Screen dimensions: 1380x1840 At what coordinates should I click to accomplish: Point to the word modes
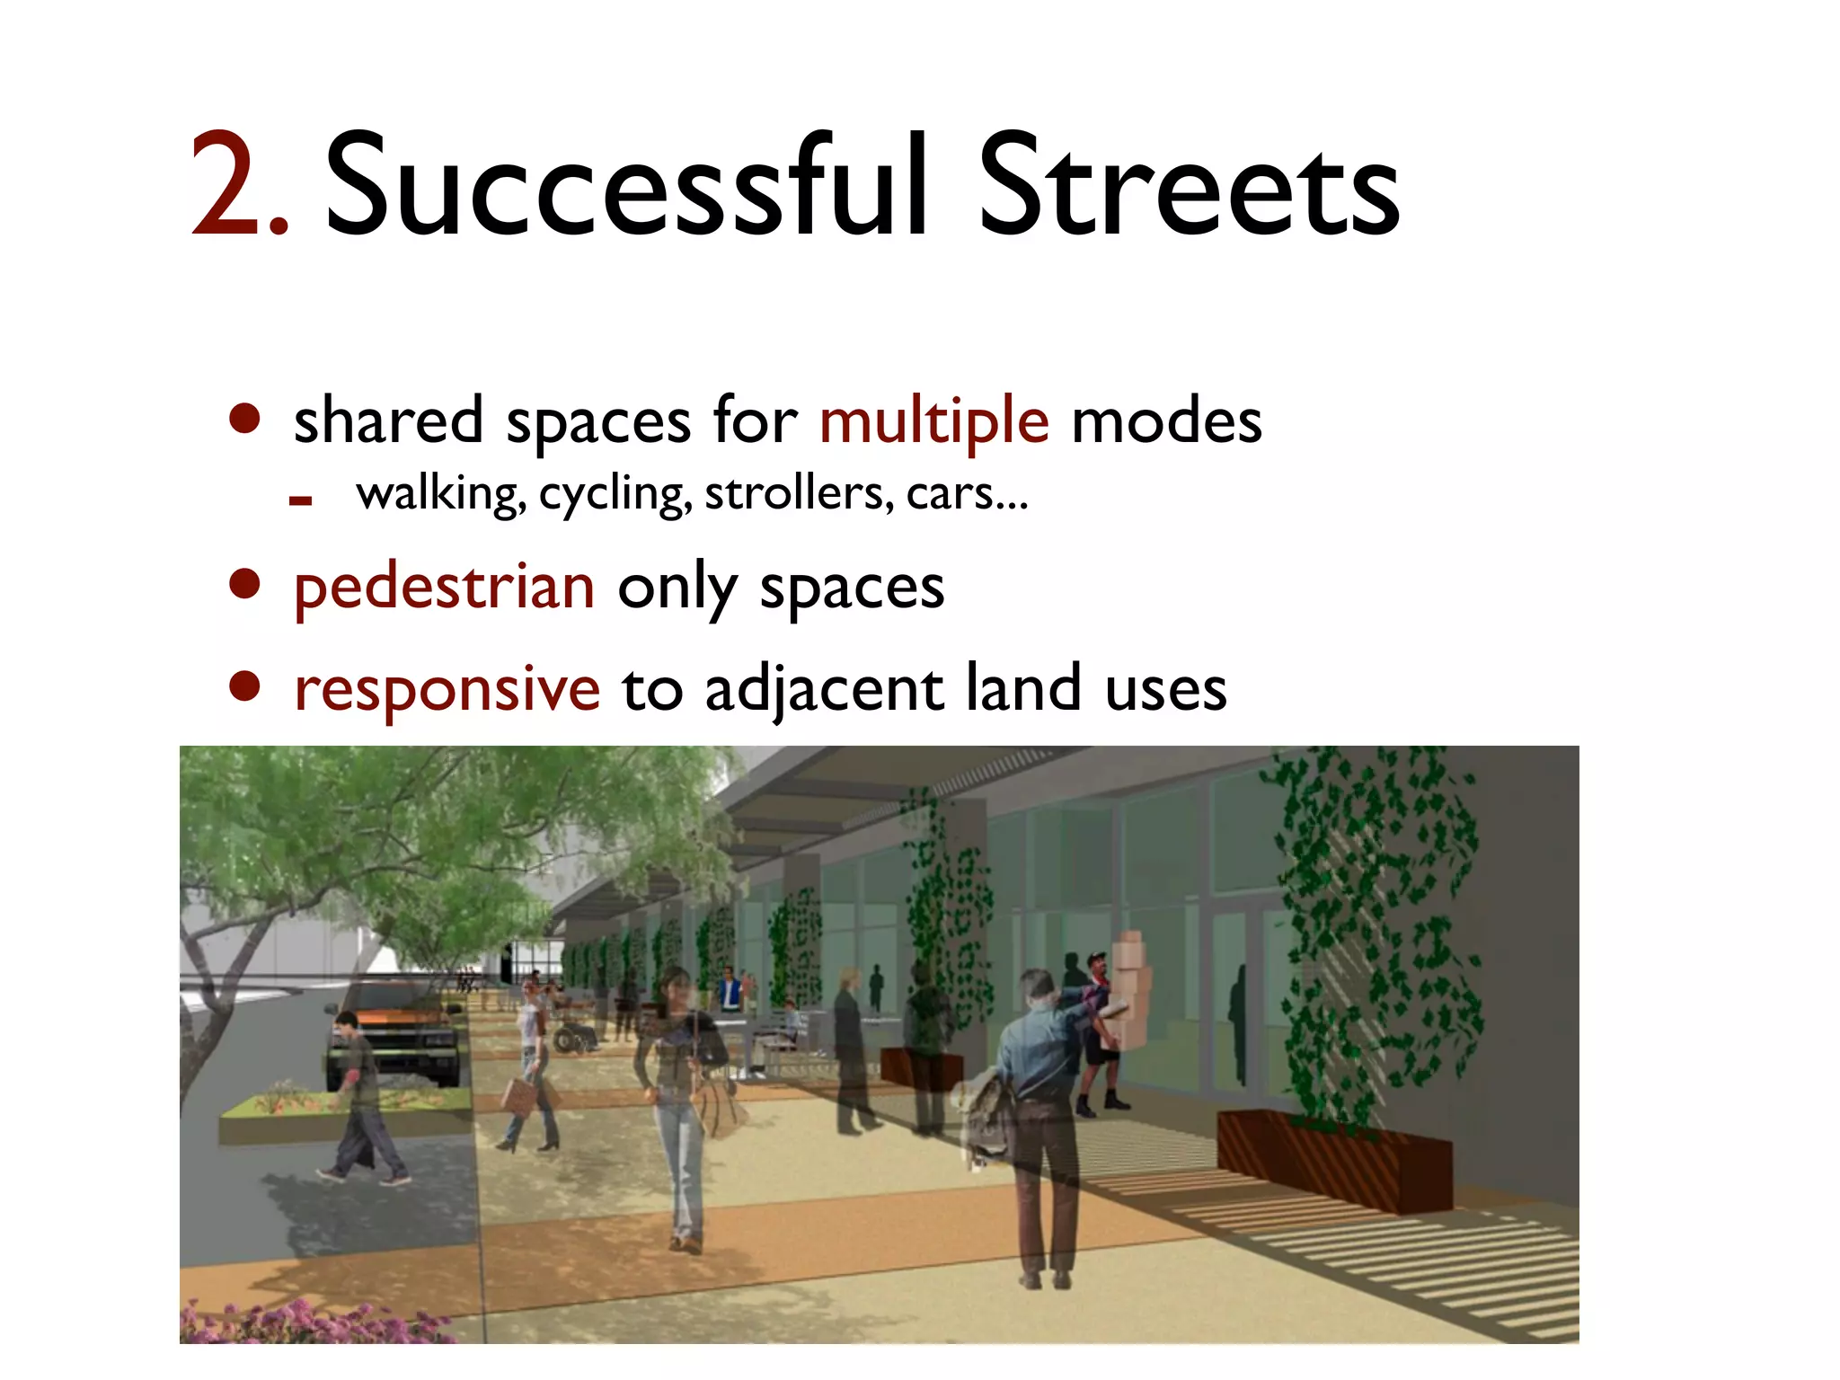(1166, 420)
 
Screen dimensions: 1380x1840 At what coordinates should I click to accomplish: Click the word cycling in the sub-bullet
(615, 495)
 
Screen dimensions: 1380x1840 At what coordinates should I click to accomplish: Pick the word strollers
(799, 493)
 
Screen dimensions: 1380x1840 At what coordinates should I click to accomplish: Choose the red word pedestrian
(445, 588)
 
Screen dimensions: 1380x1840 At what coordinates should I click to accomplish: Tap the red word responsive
(447, 690)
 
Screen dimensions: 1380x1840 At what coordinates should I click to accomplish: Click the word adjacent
(824, 690)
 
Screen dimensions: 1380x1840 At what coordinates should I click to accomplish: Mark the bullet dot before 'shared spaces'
(244, 418)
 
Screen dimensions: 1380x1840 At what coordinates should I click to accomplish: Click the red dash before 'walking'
(300, 501)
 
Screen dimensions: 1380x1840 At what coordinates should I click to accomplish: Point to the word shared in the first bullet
(388, 420)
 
